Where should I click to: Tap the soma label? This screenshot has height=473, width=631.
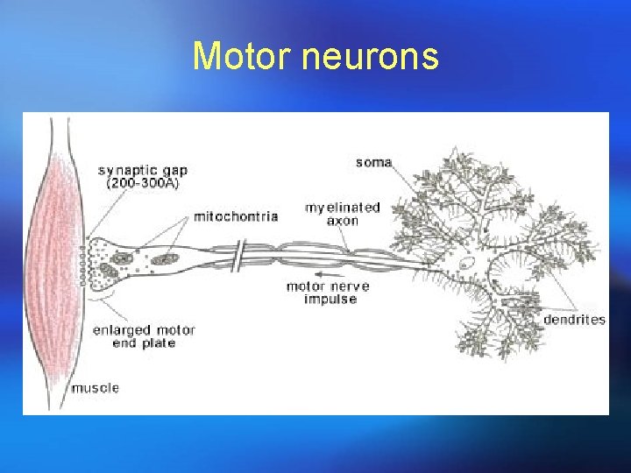point(373,162)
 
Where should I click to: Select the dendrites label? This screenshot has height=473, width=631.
point(574,320)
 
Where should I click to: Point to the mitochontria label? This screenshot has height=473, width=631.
point(236,215)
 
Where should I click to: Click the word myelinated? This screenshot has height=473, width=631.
point(343,208)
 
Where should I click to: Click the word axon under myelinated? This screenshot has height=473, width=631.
point(343,222)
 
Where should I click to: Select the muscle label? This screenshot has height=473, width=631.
point(96,387)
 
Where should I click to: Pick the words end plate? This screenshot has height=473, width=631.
point(145,343)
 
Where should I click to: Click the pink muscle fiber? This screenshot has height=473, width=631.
point(53,263)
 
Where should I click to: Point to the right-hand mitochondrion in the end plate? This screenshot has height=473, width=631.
point(163,260)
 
